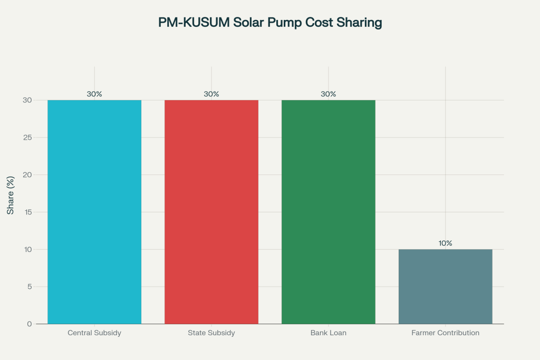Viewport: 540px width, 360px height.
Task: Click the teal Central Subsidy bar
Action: click(x=94, y=212)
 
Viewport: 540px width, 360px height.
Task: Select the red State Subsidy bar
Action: click(x=211, y=212)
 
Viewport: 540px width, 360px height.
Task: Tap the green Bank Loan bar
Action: click(x=329, y=212)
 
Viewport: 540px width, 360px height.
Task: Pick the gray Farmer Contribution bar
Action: click(x=446, y=286)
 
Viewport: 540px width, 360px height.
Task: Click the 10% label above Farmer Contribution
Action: click(x=446, y=244)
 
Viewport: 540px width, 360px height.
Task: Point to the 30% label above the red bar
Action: click(x=211, y=94)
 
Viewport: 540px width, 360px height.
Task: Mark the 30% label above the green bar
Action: click(x=329, y=94)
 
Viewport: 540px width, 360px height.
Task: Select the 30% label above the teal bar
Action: click(x=94, y=94)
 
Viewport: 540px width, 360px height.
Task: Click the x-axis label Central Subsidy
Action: click(x=94, y=333)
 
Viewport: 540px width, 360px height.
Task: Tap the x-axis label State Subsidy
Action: click(x=211, y=333)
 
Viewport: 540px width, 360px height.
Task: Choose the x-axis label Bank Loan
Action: click(x=329, y=333)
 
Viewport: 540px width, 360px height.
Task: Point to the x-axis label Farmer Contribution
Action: click(x=446, y=333)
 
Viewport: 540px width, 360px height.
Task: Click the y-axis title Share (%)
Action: click(x=11, y=195)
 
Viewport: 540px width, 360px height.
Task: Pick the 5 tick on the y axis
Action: click(x=29, y=287)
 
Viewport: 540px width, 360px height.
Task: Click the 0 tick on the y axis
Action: click(x=29, y=324)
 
